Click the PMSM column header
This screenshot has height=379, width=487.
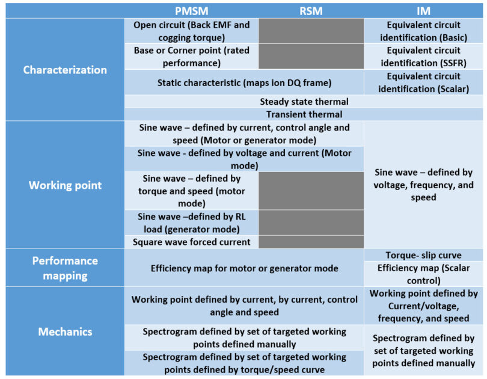191,11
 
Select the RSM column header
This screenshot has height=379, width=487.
311,11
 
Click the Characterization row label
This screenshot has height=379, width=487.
65,70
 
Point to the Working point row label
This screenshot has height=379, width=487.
65,185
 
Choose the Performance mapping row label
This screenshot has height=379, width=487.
65,268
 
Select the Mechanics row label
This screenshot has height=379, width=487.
65,331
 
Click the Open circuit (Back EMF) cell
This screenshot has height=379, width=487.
191,31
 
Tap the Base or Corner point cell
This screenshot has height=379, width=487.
191,57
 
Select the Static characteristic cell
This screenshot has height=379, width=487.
244,82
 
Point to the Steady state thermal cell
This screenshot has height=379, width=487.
304,102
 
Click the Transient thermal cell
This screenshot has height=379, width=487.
304,114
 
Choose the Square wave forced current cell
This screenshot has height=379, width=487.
191,242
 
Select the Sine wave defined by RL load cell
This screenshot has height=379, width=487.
191,223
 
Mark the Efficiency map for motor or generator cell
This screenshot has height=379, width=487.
244,268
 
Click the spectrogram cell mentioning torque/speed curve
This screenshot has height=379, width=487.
244,363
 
